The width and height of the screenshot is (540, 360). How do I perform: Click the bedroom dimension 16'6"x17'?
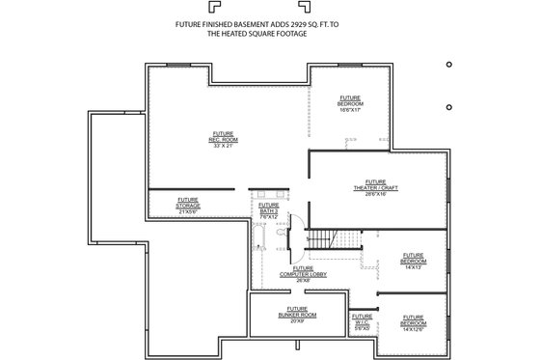350,109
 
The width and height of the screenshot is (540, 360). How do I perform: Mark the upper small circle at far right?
450,64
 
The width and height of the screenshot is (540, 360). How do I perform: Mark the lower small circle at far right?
450,106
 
